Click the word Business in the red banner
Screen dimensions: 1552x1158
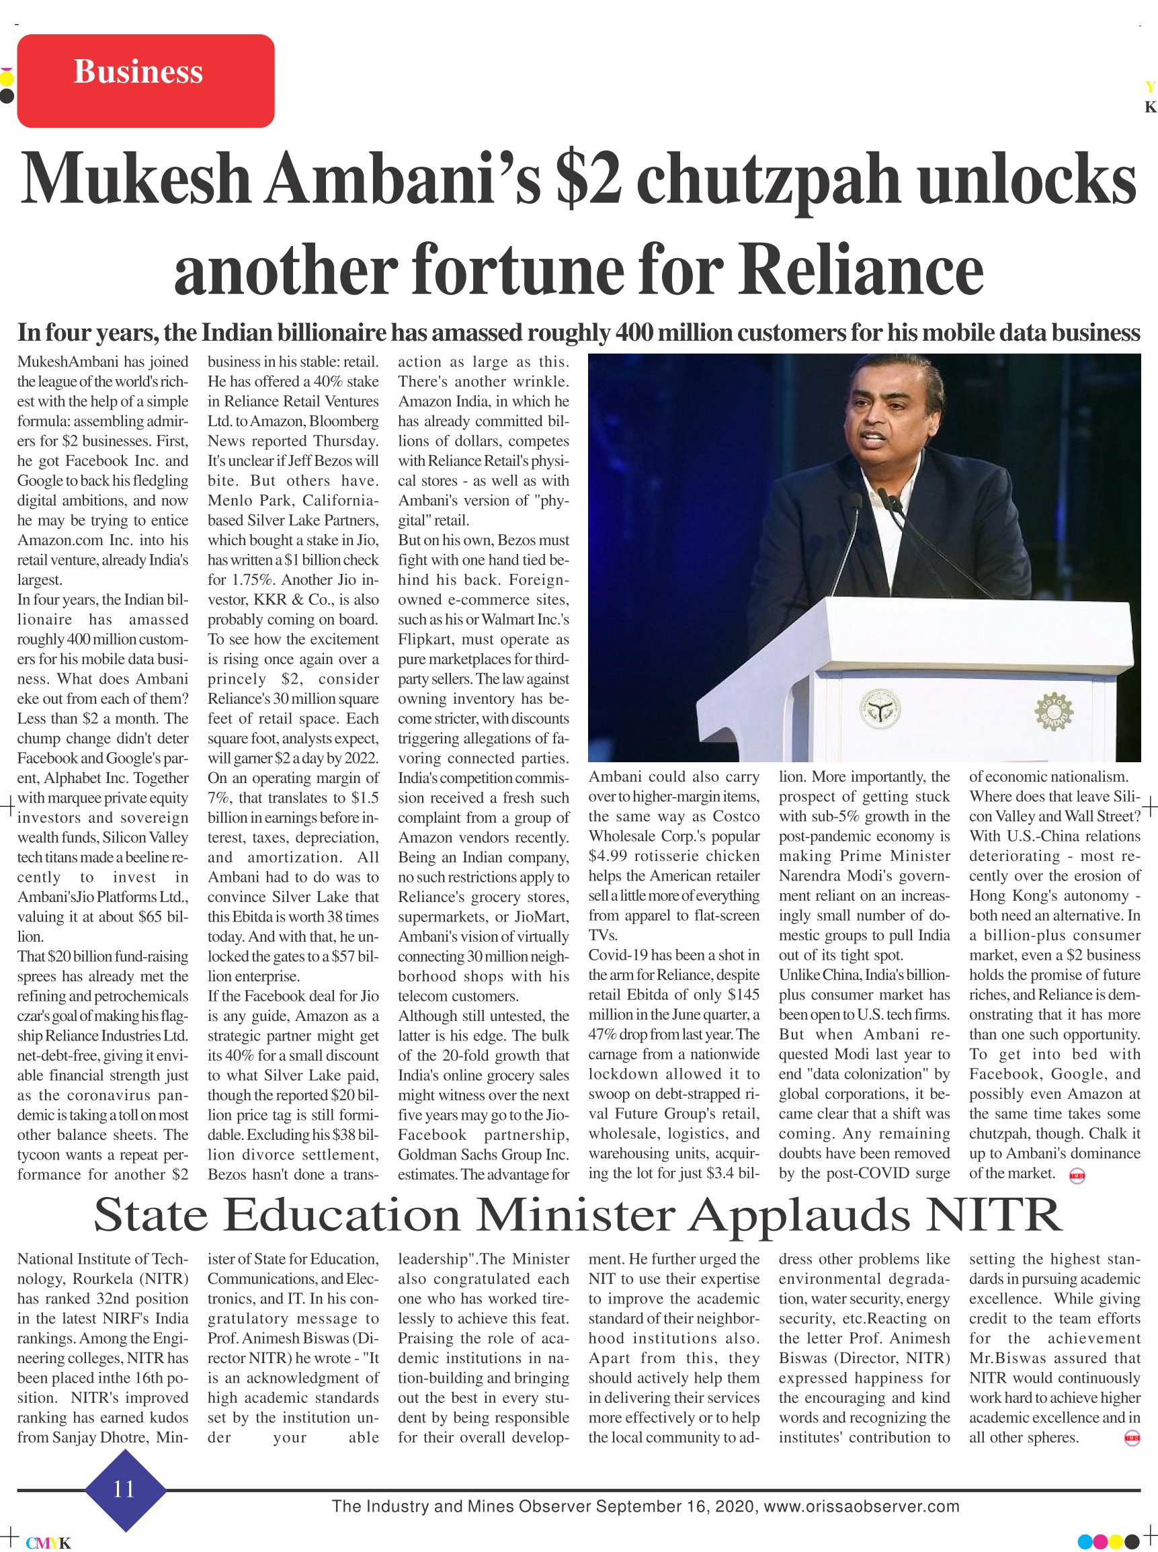pos(138,72)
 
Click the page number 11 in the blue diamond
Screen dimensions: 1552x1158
pos(124,1487)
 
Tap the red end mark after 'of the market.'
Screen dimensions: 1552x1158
pos(1077,1177)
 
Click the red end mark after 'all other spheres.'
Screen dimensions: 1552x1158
pos(1131,1438)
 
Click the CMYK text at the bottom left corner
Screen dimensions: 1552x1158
pos(48,1542)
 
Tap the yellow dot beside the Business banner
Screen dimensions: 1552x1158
pos(5,79)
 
